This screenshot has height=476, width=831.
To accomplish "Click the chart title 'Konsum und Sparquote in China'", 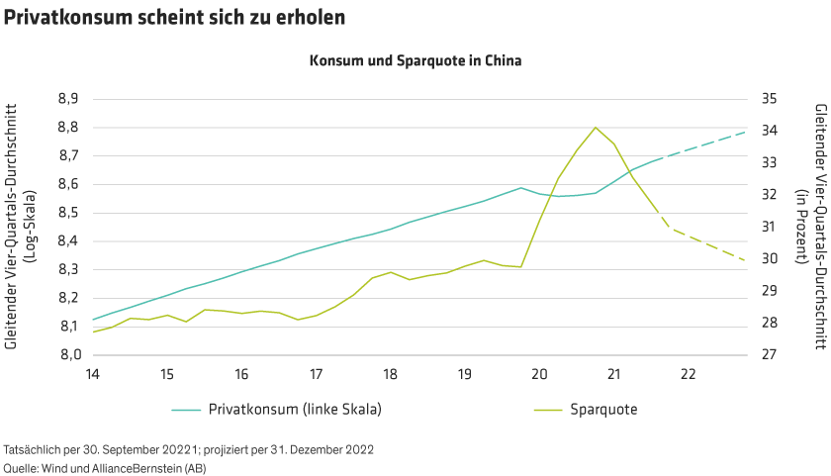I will click(415, 59).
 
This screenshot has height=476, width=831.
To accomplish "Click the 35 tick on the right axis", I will click(768, 99).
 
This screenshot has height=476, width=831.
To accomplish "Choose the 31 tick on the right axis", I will click(768, 227).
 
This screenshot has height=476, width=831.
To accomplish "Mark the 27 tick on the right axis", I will click(768, 354).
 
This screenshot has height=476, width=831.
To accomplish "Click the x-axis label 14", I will click(92, 374).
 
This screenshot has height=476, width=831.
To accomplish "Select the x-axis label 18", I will click(390, 374).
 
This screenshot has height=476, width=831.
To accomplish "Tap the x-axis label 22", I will click(688, 374).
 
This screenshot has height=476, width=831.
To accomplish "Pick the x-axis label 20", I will click(539, 374).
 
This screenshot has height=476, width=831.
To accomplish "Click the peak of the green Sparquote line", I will click(595, 127).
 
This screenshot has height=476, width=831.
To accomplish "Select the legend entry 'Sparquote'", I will click(602, 409).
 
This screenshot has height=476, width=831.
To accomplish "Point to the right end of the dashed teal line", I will click(745, 132).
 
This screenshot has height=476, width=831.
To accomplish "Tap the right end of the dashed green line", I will click(745, 260).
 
